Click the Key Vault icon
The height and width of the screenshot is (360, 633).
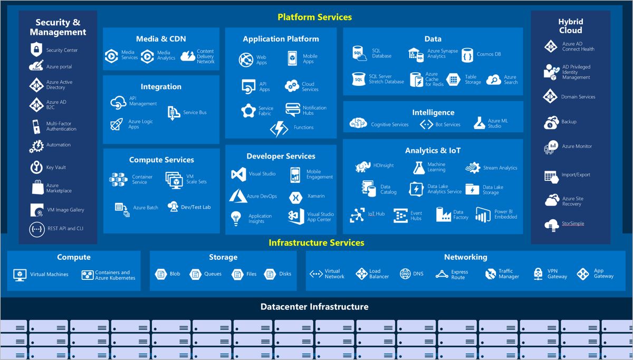pyautogui.click(x=36, y=167)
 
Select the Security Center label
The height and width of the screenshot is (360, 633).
pyautogui.click(x=62, y=50)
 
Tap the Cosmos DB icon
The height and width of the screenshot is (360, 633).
pyautogui.click(x=467, y=55)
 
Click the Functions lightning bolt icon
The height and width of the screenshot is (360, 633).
pyautogui.click(x=279, y=128)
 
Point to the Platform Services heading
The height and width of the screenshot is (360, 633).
pyautogui.click(x=315, y=17)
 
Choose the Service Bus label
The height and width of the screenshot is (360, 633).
pyautogui.click(x=195, y=112)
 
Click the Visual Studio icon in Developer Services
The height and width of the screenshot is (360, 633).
pyautogui.click(x=238, y=174)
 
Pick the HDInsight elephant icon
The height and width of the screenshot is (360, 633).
pyautogui.click(x=363, y=166)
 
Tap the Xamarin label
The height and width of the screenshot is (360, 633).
pyautogui.click(x=316, y=196)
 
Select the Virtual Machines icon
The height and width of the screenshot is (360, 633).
pyautogui.click(x=20, y=275)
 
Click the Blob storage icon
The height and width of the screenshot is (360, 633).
pyautogui.click(x=161, y=274)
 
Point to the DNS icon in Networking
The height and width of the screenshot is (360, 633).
pyautogui.click(x=405, y=274)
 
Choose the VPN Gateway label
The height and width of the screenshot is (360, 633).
pyautogui.click(x=557, y=274)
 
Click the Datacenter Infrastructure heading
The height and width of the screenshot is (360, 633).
pyautogui.click(x=314, y=307)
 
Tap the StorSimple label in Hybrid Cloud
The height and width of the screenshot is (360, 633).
pyautogui.click(x=573, y=223)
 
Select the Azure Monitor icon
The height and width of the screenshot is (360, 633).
pyautogui.click(x=551, y=147)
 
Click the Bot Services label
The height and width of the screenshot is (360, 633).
pyautogui.click(x=447, y=124)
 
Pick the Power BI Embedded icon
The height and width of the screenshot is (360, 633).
pyautogui.click(x=483, y=215)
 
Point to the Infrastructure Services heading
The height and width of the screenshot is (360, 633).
pyautogui.click(x=316, y=243)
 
